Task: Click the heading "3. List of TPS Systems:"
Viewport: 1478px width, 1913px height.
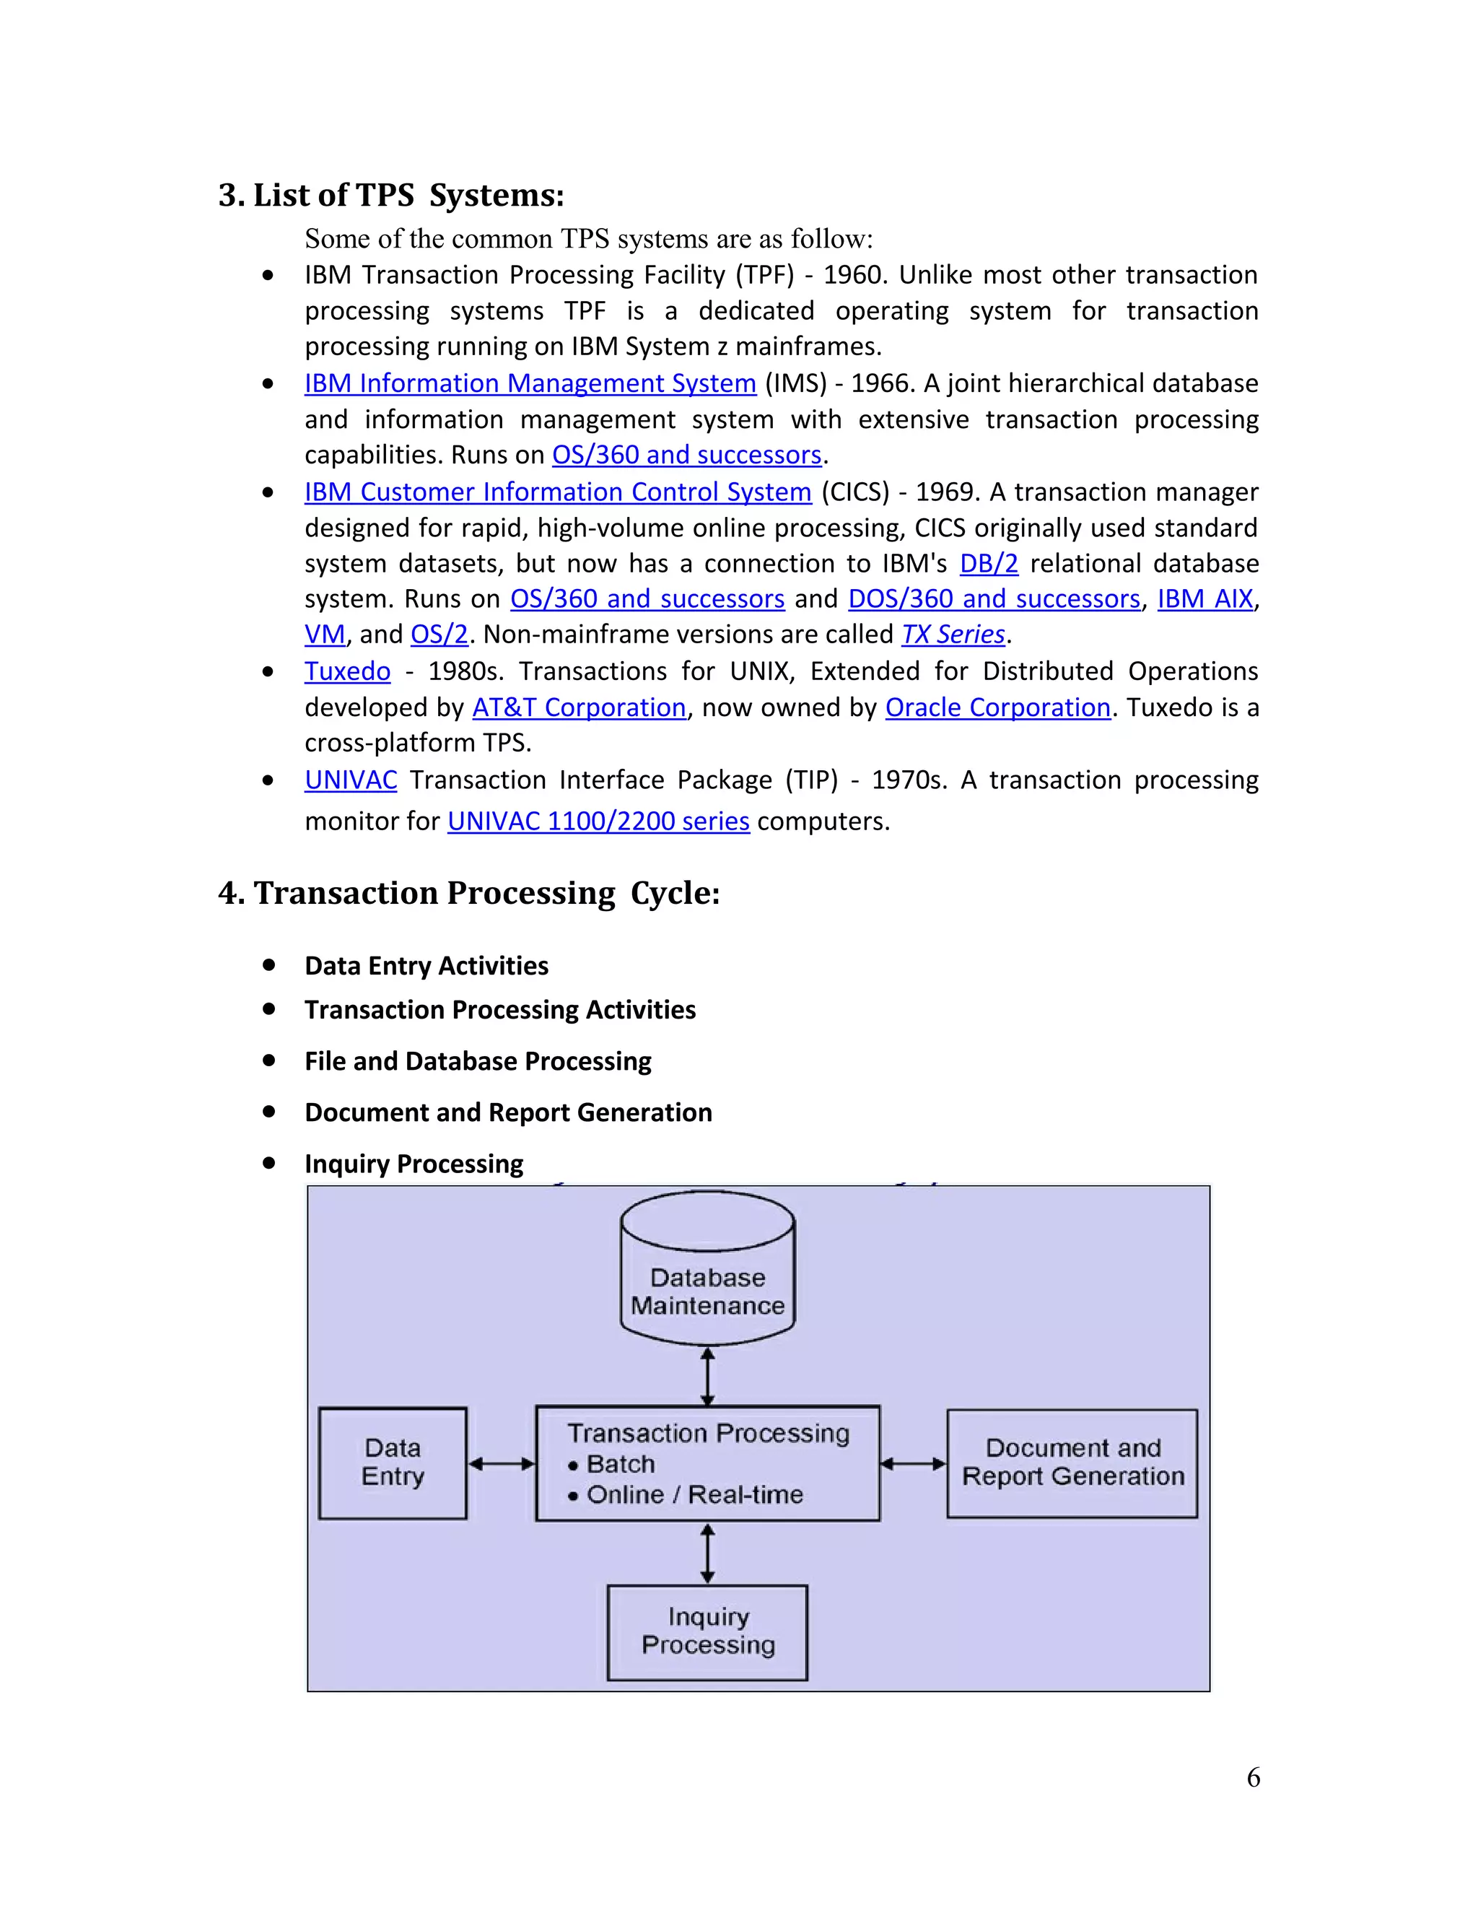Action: click(x=390, y=194)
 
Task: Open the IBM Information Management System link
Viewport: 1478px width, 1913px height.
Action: click(x=530, y=383)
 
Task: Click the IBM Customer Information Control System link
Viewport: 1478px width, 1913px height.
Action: click(x=558, y=492)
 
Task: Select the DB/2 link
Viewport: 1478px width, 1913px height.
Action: click(x=989, y=563)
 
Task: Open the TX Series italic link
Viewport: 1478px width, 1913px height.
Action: click(x=953, y=634)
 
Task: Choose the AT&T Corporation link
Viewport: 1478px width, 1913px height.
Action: click(x=579, y=707)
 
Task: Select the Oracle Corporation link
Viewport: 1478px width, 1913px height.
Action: click(x=997, y=707)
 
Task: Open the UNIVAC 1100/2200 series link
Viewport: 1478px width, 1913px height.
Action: click(x=598, y=821)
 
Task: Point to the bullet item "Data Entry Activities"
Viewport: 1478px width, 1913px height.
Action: click(x=427, y=965)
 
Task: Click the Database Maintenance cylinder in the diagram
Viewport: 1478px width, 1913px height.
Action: click(x=707, y=1279)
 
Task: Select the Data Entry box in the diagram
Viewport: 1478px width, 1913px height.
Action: click(x=393, y=1462)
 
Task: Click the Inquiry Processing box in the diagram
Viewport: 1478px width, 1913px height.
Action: click(x=707, y=1630)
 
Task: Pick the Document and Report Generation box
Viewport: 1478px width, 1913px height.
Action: click(x=1072, y=1462)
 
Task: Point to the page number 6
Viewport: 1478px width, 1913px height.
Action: click(x=1253, y=1777)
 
